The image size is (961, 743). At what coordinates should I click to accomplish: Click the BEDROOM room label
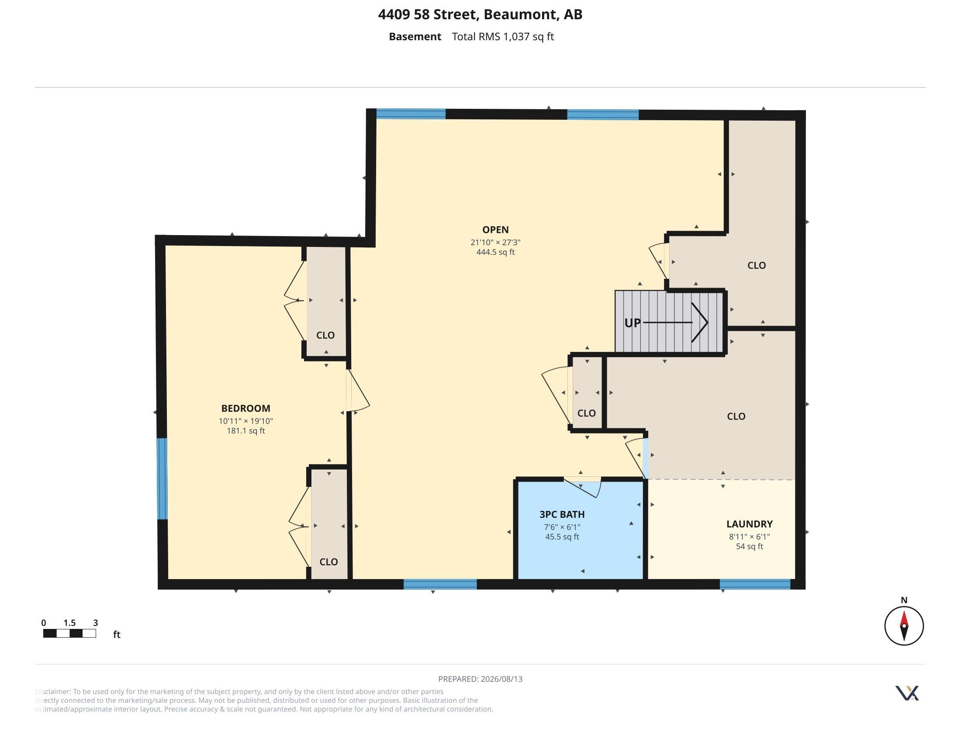(245, 409)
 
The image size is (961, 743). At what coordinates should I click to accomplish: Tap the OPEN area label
(495, 230)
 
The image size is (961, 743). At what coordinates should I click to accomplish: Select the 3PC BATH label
(562, 514)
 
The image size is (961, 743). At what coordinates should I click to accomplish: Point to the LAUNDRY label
(749, 524)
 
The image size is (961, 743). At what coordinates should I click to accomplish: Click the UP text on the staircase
(633, 323)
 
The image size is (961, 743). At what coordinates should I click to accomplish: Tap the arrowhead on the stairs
(700, 322)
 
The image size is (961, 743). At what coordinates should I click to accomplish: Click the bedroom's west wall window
(162, 479)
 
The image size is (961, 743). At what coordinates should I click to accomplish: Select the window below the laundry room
(755, 584)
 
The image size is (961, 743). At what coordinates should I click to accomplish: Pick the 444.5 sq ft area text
(495, 252)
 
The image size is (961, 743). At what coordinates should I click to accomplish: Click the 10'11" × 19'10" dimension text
(245, 421)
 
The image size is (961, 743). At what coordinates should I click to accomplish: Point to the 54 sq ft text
(749, 547)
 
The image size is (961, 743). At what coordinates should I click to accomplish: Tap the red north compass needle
(904, 618)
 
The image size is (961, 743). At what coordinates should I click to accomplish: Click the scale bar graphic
(69, 633)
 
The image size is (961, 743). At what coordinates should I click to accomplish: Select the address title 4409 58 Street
(428, 14)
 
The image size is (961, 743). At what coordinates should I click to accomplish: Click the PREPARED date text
(480, 679)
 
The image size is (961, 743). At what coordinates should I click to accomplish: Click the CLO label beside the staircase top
(757, 265)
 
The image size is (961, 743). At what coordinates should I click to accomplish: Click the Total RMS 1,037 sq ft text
(502, 37)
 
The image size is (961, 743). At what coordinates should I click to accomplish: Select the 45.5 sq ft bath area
(562, 537)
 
